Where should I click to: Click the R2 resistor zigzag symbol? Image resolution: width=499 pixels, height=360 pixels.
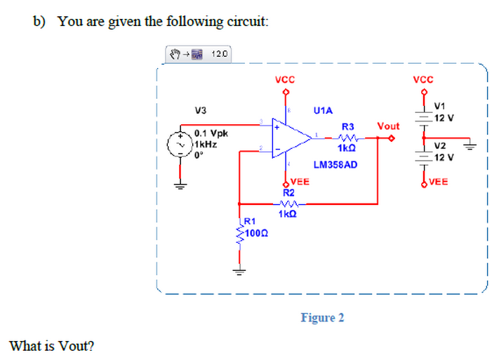pos(289,204)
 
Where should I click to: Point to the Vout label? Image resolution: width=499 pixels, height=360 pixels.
pos(388,126)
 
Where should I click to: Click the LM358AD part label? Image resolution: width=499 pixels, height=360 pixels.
pos(335,164)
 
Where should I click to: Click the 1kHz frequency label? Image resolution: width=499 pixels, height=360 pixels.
pos(205,143)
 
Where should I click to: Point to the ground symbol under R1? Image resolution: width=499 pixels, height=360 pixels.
pos(239,270)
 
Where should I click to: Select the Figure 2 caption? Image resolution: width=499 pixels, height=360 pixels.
pos(322,318)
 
